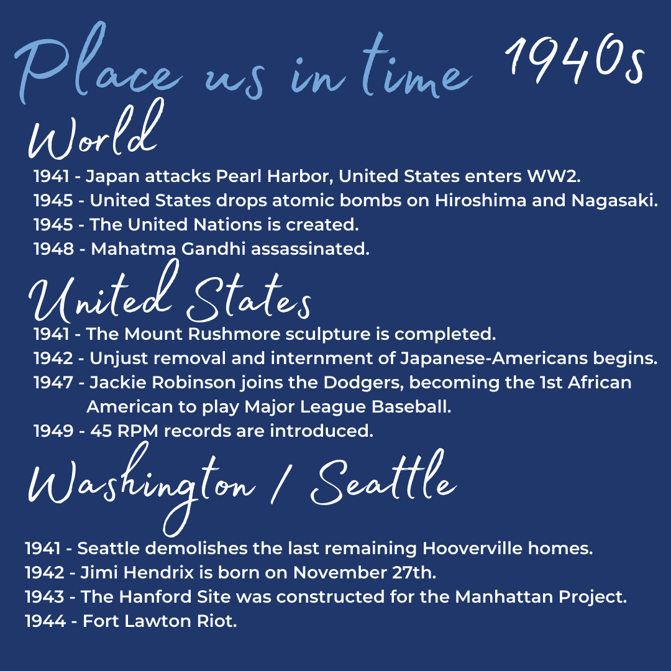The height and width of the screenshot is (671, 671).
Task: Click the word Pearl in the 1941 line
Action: (x=239, y=176)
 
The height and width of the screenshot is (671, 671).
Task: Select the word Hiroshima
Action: (x=480, y=200)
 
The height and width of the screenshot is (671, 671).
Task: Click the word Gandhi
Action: (x=213, y=249)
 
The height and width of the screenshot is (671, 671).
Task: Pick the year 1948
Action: (x=53, y=249)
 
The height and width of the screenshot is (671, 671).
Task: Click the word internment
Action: (x=321, y=358)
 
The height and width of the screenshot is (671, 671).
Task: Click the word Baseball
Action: (x=411, y=406)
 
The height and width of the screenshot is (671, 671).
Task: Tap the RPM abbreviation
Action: (x=138, y=431)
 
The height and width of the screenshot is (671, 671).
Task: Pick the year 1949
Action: (x=53, y=431)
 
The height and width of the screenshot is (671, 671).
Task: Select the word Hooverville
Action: (x=472, y=548)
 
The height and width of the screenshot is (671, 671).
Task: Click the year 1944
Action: (x=45, y=621)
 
